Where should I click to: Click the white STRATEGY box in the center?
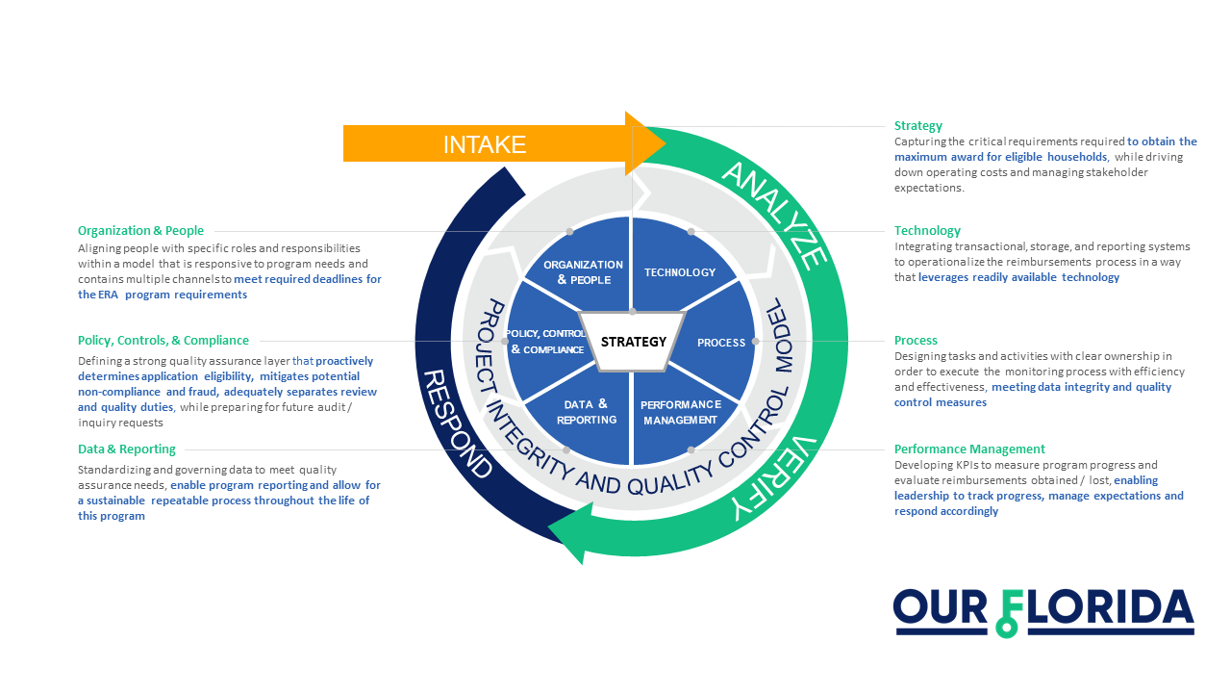click(x=633, y=342)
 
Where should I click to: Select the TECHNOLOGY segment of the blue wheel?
click(x=680, y=272)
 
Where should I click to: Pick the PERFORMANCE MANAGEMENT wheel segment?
click(x=680, y=412)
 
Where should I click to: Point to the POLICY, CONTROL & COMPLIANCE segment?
click(x=546, y=342)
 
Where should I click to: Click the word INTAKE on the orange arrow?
click(x=484, y=145)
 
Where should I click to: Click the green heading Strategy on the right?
click(x=918, y=126)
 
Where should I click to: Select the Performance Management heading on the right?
click(x=969, y=449)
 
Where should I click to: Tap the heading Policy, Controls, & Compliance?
click(x=163, y=340)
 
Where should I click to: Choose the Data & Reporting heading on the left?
click(x=127, y=449)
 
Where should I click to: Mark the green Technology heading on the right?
click(x=927, y=231)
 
